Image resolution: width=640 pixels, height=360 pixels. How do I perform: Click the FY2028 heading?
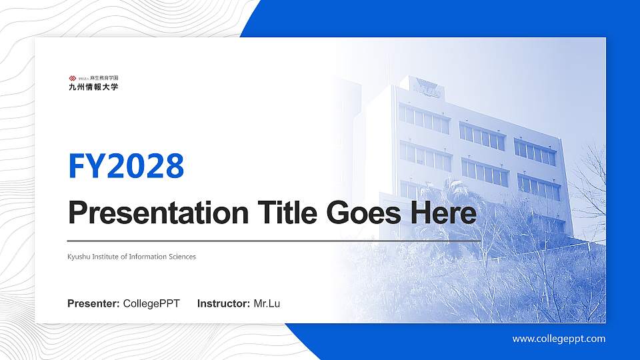(126, 166)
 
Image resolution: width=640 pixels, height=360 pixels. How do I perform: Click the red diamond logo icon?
(72, 78)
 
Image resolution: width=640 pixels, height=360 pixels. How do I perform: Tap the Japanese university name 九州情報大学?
(93, 87)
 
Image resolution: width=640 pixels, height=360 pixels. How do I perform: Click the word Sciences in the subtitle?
(181, 257)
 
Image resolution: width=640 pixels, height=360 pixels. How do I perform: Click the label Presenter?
(93, 304)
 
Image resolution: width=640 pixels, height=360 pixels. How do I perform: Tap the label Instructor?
(224, 304)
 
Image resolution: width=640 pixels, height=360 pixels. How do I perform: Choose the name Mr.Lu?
(267, 304)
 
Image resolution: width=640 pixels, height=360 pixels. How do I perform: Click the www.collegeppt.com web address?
(559, 339)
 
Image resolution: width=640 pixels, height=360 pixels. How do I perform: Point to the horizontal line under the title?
(274, 240)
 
